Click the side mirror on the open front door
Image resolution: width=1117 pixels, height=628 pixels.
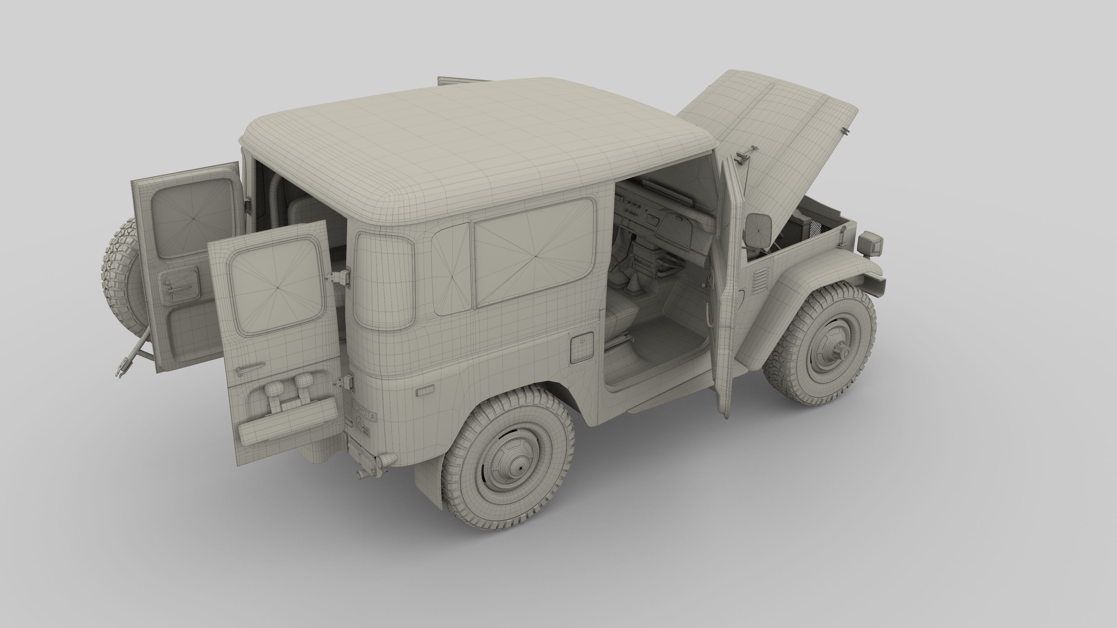click(758, 230)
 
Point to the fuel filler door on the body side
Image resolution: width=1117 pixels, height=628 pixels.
click(581, 347)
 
